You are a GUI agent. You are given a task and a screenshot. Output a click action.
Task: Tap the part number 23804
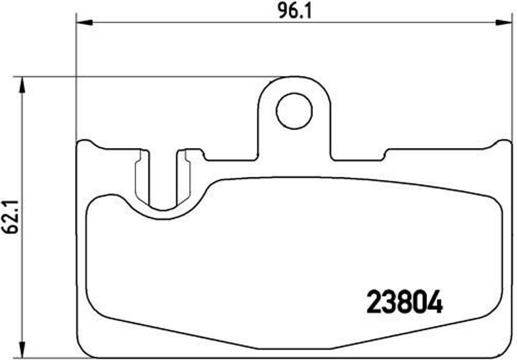[x=404, y=302]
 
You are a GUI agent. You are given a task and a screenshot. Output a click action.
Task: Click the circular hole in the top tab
[x=294, y=111]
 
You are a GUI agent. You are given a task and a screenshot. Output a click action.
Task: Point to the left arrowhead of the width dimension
[x=84, y=22]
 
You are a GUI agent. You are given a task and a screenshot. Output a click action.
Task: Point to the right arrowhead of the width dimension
[x=504, y=22]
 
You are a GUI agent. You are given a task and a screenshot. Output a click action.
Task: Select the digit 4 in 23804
[x=435, y=302]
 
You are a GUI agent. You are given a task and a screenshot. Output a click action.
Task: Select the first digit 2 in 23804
[x=374, y=302]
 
